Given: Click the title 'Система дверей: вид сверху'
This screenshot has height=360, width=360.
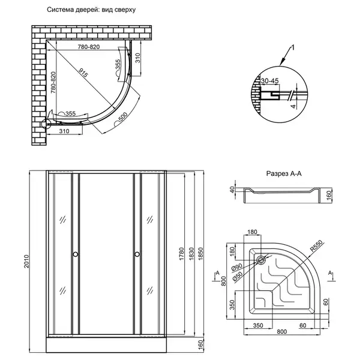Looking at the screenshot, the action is pos(91,10).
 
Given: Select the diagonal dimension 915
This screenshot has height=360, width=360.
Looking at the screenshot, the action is pos(83,73).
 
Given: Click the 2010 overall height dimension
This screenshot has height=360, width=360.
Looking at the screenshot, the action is pos(27,261).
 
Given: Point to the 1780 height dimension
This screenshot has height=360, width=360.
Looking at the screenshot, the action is pos(182,254).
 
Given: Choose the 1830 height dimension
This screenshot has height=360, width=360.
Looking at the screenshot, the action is pos(191,254).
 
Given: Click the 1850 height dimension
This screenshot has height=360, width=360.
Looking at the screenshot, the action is pos(200,254).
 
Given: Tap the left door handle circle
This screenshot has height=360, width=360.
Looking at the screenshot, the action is pos(76,254).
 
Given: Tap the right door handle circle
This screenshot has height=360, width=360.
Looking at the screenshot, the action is pos(137,254).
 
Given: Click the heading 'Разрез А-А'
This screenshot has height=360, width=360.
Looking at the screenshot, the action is pos(284,173).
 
